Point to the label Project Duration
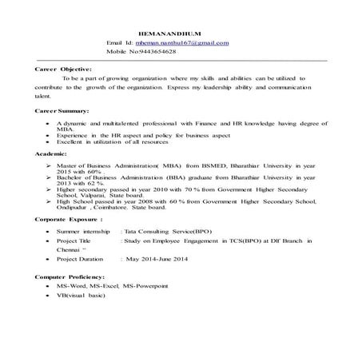(x=80, y=260)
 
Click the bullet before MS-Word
(x=49, y=285)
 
